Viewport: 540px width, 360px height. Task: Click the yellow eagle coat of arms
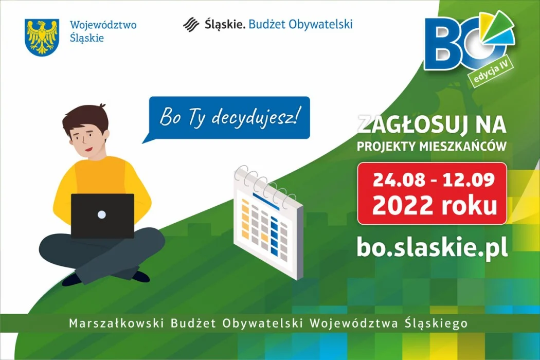(42, 37)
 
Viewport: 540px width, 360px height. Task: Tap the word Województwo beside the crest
(103, 25)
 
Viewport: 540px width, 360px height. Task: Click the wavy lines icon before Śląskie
(191, 24)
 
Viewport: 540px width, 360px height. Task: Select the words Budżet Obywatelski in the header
(300, 24)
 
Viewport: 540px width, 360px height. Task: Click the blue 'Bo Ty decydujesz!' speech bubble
(228, 117)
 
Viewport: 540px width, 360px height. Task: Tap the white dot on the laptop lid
(102, 214)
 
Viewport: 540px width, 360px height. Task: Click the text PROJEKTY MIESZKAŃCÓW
(431, 147)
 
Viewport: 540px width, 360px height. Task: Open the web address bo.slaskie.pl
(431, 246)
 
